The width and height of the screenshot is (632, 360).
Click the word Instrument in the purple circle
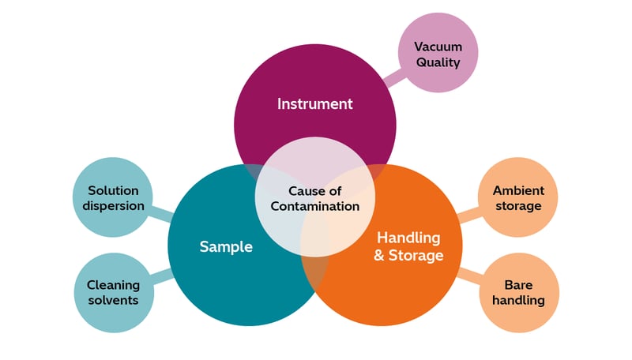pos(314,103)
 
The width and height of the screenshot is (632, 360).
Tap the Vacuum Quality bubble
pos(437,54)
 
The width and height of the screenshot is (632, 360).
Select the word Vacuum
pos(437,47)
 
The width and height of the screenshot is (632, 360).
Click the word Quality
pos(437,62)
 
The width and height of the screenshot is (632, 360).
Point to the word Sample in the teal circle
pos(225,246)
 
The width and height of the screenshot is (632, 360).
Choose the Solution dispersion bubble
pos(111,197)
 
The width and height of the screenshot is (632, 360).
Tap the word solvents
pos(113,300)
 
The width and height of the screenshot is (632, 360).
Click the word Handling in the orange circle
pos(408,238)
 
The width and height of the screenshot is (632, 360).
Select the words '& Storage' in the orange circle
pos(408,255)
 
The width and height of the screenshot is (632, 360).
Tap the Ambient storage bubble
pos(517,197)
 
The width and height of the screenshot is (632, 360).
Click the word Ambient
pos(517,190)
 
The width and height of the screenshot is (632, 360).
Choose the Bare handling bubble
pos(518,292)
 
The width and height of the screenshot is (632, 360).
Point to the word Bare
pos(518,284)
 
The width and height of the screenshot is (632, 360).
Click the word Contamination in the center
pos(314,206)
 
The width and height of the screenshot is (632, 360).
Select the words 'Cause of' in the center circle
pos(314,191)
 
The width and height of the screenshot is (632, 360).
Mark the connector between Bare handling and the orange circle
pos(471,276)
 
